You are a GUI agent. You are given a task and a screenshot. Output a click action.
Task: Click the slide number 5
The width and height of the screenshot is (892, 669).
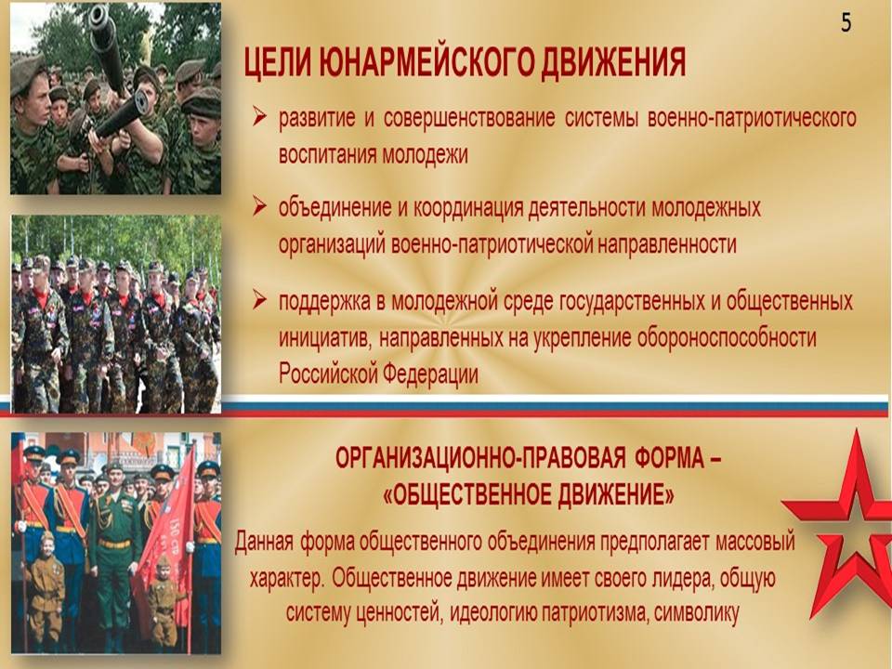pyautogui.click(x=846, y=22)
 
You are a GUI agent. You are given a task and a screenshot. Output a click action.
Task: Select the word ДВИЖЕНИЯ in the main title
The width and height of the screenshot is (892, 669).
pyautogui.click(x=612, y=62)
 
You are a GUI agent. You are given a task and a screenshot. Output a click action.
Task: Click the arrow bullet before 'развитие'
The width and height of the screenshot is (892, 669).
pyautogui.click(x=259, y=118)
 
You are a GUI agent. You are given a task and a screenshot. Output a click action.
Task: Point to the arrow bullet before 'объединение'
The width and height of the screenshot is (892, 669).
pyautogui.click(x=259, y=206)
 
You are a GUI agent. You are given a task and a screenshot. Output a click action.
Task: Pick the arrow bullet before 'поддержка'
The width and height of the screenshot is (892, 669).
pyautogui.click(x=259, y=299)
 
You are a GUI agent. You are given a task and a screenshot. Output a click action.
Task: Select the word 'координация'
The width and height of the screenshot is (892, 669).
pyautogui.click(x=467, y=208)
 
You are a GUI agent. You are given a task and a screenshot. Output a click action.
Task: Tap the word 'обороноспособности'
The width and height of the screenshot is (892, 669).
pyautogui.click(x=726, y=338)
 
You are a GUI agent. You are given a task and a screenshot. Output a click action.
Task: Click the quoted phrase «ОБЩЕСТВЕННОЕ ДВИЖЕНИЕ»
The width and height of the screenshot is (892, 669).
pyautogui.click(x=529, y=495)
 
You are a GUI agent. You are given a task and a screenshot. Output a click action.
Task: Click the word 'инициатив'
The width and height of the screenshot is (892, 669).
pyautogui.click(x=323, y=339)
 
